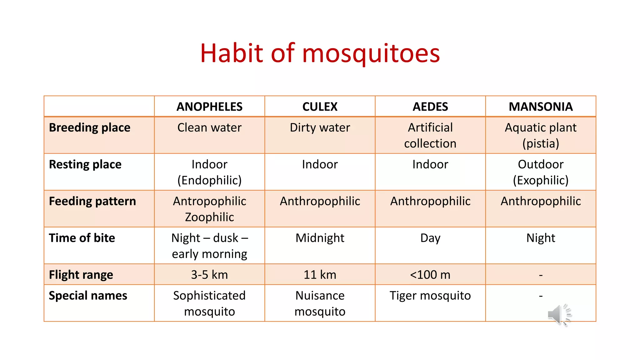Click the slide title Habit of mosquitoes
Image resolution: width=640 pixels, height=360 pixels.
pos(320,53)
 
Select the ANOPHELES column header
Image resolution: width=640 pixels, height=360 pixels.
pos(209,107)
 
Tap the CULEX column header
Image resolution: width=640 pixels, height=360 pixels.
pos(320,107)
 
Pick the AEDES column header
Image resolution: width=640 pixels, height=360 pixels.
pos(430,107)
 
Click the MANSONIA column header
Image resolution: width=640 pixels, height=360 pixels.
pos(541,107)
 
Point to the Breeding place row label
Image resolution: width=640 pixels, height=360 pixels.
pos(90,128)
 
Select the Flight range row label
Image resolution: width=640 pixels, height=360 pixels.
pos(81,275)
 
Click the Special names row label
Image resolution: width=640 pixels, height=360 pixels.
pos(88,296)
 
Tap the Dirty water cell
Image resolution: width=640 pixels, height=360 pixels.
pos(320,128)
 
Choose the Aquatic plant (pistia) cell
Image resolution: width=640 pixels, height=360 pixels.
pos(541,135)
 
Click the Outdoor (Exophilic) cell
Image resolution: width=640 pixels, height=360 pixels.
pos(541,172)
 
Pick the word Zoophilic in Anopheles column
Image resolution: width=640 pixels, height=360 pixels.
pos(209,217)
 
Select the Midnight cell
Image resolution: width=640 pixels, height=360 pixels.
pos(320,238)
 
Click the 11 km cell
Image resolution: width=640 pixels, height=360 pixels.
pos(320,275)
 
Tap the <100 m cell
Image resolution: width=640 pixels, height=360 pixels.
pos(430,275)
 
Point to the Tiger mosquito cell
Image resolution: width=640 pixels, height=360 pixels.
pos(430,296)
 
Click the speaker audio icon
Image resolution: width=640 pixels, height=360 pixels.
pos(559,314)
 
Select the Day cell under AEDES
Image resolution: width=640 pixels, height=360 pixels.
pos(430,238)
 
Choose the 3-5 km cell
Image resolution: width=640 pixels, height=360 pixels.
pos(209,275)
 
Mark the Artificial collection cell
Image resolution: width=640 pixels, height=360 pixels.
pos(430,135)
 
